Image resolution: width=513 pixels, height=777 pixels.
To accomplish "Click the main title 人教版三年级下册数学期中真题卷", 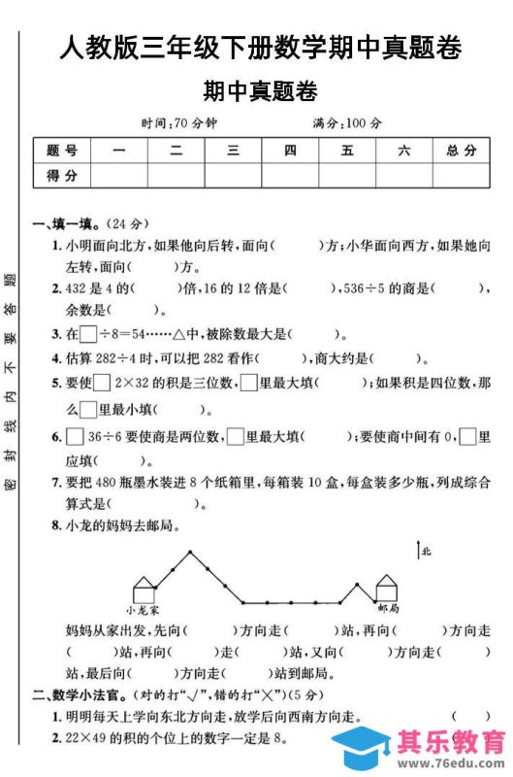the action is (x=260, y=46).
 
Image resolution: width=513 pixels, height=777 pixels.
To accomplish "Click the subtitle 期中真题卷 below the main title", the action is (x=260, y=92).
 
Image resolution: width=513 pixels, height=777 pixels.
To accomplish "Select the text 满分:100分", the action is (x=346, y=123).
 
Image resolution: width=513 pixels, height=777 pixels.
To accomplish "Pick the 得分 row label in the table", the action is (x=61, y=175).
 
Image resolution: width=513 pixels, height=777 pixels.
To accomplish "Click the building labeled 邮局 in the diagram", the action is (x=386, y=589).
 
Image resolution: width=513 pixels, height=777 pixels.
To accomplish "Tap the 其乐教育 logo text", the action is (x=452, y=743).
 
